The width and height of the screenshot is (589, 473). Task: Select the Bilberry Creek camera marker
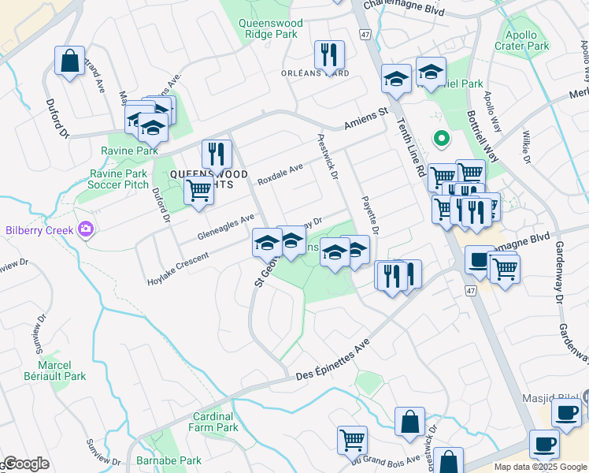[x=86, y=230]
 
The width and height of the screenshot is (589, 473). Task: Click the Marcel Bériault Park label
[x=60, y=371]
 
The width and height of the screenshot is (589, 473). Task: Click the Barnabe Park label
[x=179, y=460]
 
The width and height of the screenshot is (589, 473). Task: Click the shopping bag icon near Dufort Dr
[x=69, y=61]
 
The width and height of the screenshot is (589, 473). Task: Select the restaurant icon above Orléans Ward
[x=326, y=54]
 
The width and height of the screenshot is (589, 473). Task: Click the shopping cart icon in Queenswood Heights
[x=198, y=190]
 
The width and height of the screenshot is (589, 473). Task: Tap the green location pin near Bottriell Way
[x=442, y=139]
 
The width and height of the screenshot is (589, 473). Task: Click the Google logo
[x=26, y=464]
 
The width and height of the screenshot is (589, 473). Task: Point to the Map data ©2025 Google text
[x=539, y=467]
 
